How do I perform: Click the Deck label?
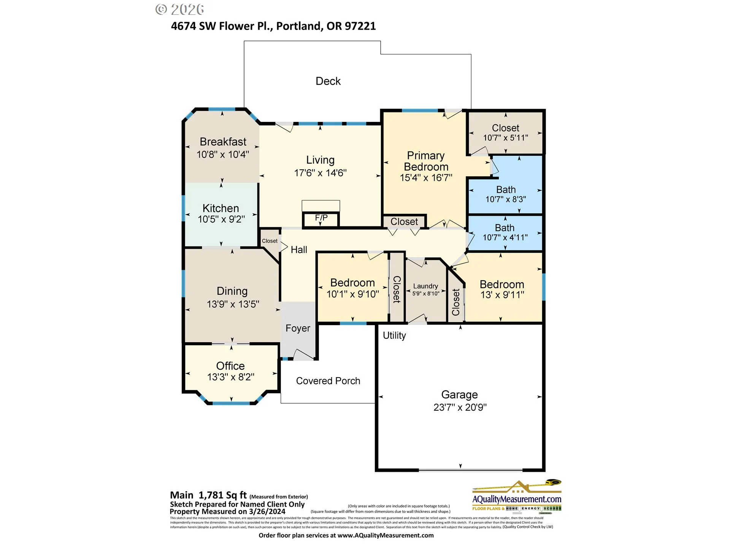(328, 81)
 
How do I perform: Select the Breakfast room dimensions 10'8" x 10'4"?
(223, 155)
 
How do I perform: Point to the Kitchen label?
(221, 208)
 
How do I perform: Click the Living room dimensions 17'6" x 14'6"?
(320, 173)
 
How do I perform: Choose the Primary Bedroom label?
(426, 161)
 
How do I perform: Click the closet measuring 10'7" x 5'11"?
(505, 133)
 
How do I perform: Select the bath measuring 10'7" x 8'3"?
(506, 194)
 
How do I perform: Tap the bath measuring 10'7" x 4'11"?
(505, 232)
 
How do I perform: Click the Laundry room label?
(425, 286)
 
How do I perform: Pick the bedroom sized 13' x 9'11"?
(502, 289)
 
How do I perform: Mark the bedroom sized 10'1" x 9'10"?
(352, 288)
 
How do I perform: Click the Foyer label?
(298, 328)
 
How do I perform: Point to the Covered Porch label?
(328, 381)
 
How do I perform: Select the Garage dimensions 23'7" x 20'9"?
(460, 407)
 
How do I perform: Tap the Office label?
(230, 366)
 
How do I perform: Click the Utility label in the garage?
(394, 335)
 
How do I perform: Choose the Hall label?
(299, 250)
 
